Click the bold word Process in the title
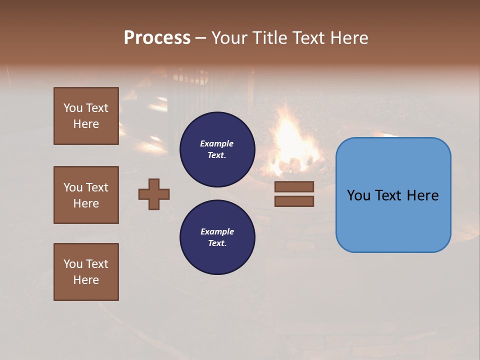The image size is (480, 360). (157, 38)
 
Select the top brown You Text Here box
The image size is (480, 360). (86, 116)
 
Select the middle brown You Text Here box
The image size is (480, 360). (86, 195)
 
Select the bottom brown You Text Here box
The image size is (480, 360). (86, 272)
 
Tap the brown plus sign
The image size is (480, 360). (154, 194)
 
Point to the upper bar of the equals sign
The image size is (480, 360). (294, 186)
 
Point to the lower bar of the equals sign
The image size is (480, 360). (294, 201)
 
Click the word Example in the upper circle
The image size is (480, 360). (216, 143)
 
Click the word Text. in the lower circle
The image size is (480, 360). (217, 243)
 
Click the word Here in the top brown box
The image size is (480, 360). (86, 124)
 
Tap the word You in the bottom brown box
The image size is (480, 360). (73, 263)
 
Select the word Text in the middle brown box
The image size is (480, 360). (97, 187)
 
